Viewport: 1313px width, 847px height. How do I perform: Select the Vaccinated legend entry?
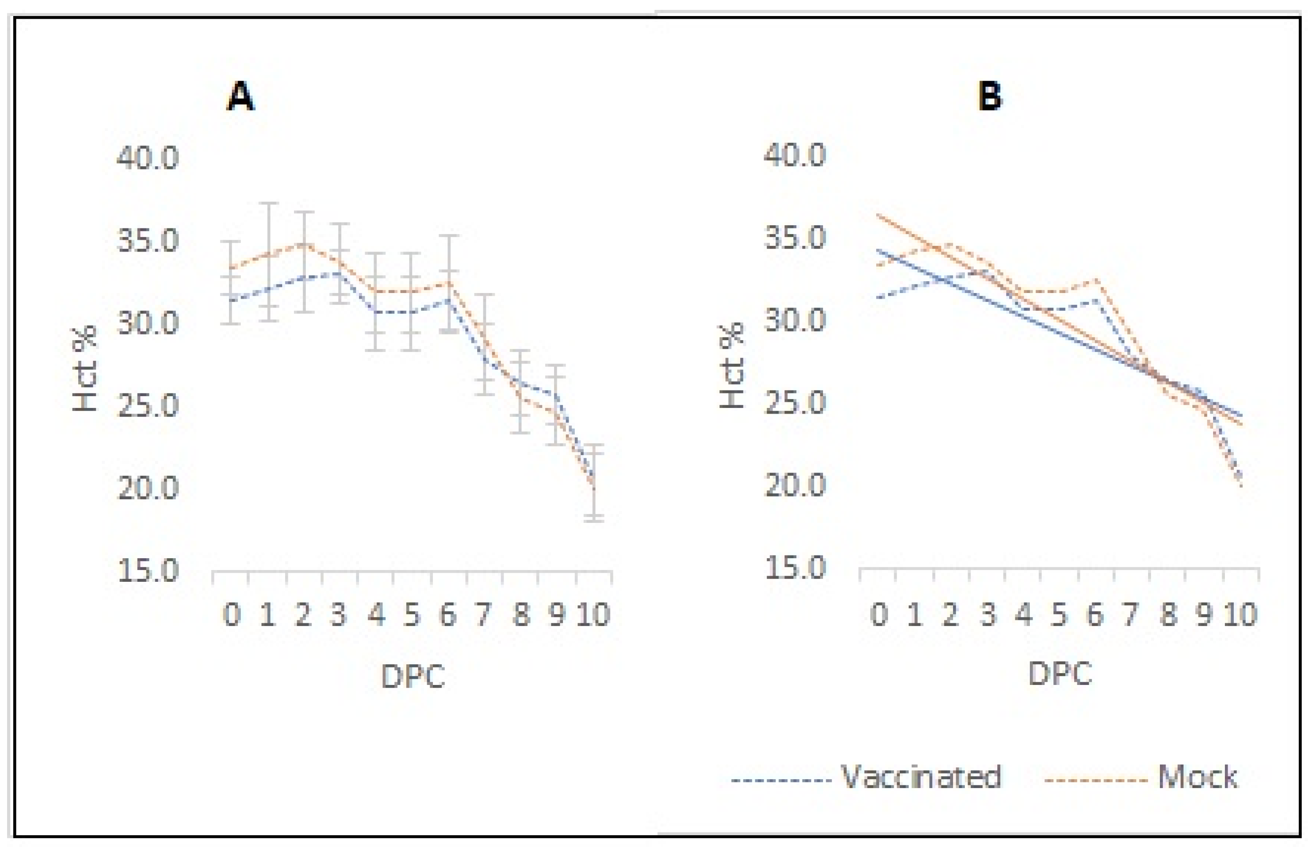click(920, 777)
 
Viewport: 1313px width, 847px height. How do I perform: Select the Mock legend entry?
click(1197, 777)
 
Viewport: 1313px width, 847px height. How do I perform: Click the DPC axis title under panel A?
click(413, 676)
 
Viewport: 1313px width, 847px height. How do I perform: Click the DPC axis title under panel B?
click(1060, 673)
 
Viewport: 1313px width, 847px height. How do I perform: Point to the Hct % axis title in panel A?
click(85, 368)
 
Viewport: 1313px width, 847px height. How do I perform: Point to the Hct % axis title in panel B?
click(732, 366)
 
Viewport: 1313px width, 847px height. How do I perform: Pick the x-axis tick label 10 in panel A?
click(594, 614)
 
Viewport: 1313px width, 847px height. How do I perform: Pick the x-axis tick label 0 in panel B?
click(879, 614)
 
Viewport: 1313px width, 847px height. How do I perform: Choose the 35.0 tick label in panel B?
click(795, 238)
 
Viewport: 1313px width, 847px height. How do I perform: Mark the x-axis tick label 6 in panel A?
click(448, 614)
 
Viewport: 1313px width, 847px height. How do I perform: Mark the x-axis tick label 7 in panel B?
click(1130, 614)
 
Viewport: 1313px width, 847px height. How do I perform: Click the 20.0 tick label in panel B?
click(795, 485)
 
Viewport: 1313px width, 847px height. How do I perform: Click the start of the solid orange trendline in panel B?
click(879, 215)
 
